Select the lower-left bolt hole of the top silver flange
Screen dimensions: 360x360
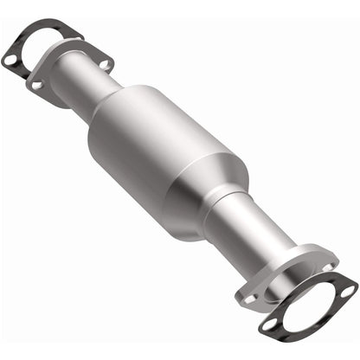(38, 84)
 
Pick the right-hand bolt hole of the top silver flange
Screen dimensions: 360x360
(106, 63)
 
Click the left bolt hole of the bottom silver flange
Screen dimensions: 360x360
(249, 297)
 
